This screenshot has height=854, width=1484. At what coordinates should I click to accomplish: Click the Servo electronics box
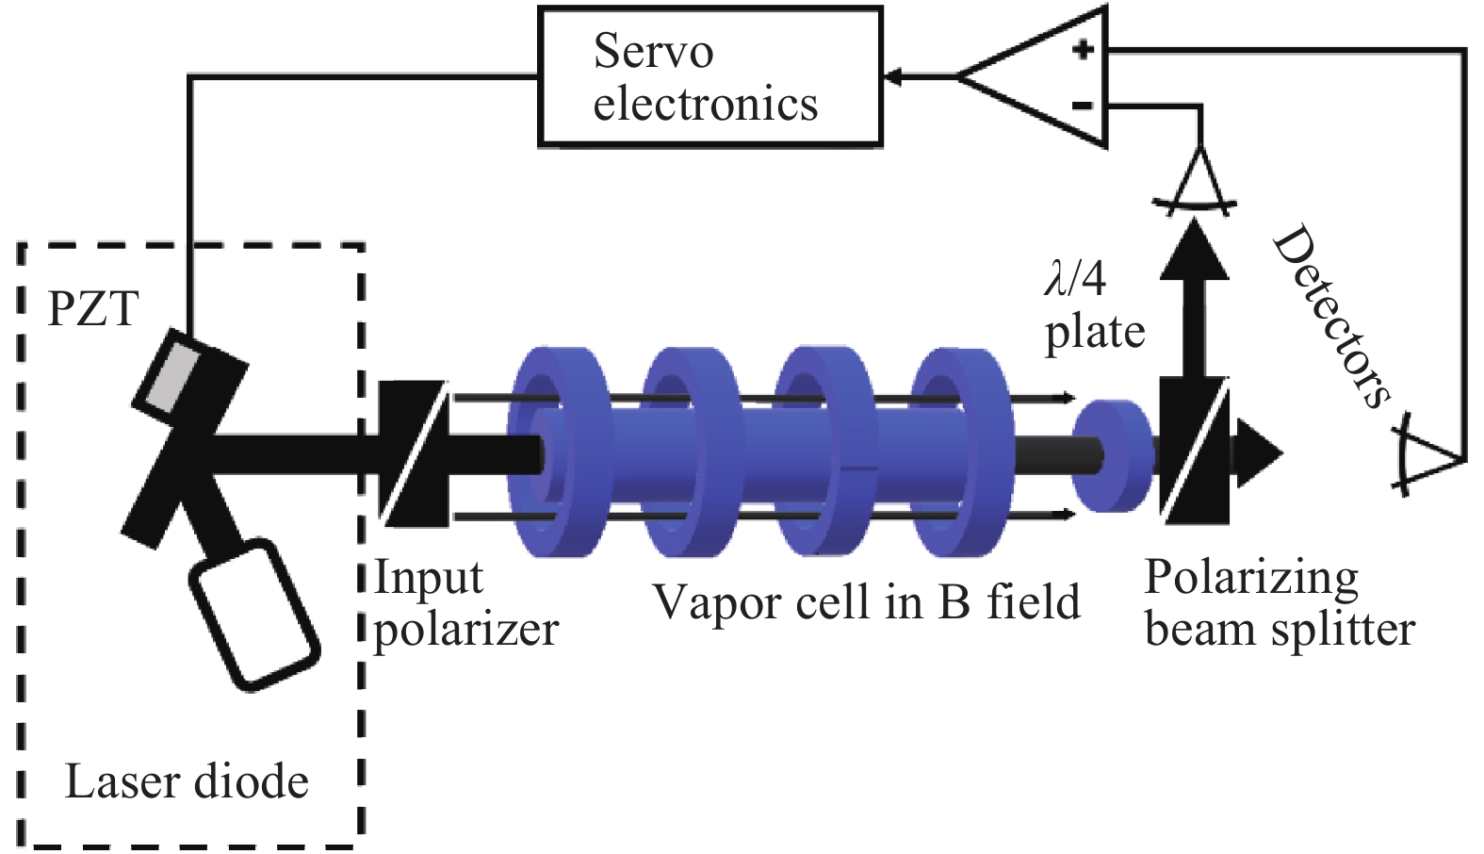click(709, 77)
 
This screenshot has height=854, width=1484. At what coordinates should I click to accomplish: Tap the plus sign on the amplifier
click(1084, 48)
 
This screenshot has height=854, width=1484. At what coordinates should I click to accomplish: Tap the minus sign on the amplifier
click(1084, 105)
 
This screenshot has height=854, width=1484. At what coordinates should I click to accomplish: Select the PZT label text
click(93, 309)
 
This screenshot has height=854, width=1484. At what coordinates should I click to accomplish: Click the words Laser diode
click(187, 782)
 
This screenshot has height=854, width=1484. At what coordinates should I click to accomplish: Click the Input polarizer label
click(466, 604)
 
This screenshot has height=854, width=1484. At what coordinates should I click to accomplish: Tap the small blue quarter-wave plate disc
click(1112, 456)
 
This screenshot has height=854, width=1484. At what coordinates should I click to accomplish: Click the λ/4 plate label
click(1093, 306)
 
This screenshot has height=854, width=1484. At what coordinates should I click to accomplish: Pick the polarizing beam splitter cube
click(1194, 451)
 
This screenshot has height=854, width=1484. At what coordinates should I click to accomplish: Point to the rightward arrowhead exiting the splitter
click(1258, 452)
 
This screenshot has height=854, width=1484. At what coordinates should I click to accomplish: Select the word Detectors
click(1330, 316)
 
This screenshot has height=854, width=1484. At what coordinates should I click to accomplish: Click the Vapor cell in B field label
click(866, 602)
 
